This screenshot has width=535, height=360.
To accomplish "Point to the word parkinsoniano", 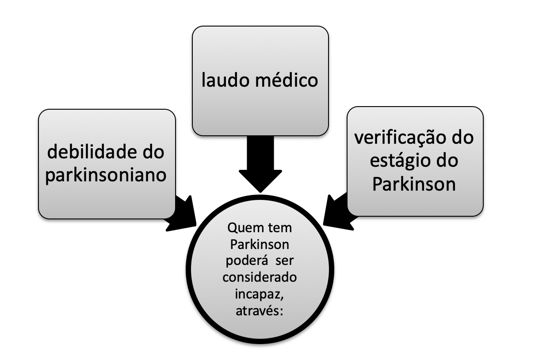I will (x=107, y=175).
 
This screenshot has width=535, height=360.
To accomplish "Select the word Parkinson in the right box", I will (x=414, y=184).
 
